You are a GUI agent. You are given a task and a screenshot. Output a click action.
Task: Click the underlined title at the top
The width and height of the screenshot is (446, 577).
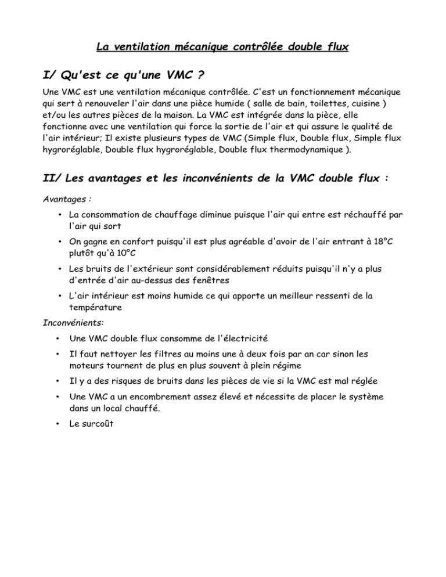click(222, 47)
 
